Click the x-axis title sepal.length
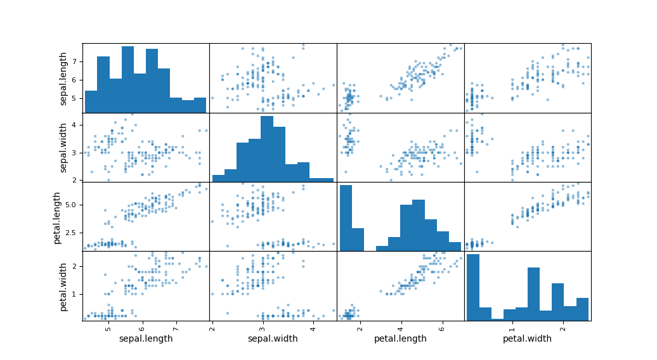[146, 338]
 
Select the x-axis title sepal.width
[273, 338]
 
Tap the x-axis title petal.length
[400, 338]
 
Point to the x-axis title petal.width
[527, 338]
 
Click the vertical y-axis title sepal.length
[64, 78]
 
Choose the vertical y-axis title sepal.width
[64, 147]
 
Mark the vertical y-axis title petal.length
[57, 217]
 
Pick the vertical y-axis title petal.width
[64, 286]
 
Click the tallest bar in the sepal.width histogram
[267, 148]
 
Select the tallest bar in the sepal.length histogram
[127, 79]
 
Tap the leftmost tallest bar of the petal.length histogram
[346, 218]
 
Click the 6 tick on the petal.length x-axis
[441, 327]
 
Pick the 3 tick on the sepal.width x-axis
[262, 327]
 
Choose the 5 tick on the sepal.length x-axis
[108, 327]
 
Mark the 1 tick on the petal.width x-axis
[512, 327]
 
